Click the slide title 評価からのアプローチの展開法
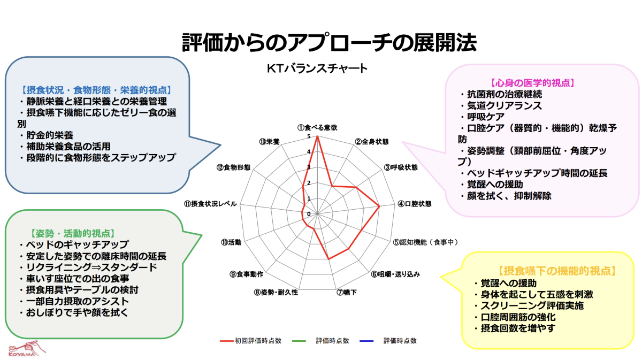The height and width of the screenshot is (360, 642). click(x=330, y=42)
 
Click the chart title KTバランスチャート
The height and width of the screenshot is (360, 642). click(x=317, y=68)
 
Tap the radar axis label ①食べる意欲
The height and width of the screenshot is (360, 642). click(x=317, y=127)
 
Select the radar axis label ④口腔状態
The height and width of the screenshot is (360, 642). click(x=415, y=204)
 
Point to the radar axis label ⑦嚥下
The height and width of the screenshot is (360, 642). click(x=347, y=293)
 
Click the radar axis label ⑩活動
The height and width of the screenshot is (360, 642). click(x=231, y=242)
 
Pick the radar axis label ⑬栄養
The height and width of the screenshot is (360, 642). click(x=269, y=142)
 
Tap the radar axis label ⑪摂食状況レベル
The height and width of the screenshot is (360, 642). click(x=210, y=204)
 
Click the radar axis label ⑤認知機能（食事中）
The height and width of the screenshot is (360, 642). click(x=425, y=242)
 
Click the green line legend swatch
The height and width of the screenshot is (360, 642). click(x=299, y=341)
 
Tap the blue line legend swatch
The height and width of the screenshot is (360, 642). click(x=366, y=341)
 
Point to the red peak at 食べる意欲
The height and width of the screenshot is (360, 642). click(x=317, y=136)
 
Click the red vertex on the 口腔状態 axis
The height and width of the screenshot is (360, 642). click(x=379, y=206)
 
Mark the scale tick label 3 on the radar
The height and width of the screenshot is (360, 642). click(x=309, y=167)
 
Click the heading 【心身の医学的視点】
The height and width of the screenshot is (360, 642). click(x=532, y=83)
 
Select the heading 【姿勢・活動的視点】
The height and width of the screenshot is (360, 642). click(x=73, y=234)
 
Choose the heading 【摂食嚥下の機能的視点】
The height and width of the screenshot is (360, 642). click(x=556, y=271)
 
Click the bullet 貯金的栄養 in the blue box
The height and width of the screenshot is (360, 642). click(x=50, y=135)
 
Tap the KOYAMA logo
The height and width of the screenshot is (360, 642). click(x=27, y=349)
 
